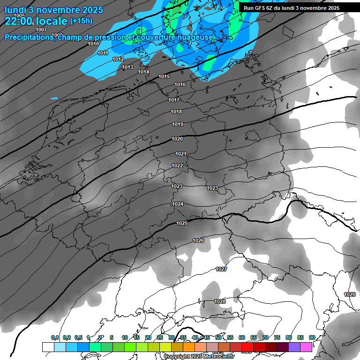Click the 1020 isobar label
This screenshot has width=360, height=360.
coord(177,139)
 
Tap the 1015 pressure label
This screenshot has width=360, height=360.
coord(164,76)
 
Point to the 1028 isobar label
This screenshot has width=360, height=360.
coord(219,301)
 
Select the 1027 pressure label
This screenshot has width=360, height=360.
coord(221,269)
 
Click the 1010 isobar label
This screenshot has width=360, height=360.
coord(93,44)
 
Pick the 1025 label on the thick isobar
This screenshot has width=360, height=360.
coord(182,223)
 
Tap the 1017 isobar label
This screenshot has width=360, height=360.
coord(174,100)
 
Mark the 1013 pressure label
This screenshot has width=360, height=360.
coord(127,67)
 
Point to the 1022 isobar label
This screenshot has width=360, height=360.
coord(177,165)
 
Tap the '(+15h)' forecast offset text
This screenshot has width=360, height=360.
coord(81,21)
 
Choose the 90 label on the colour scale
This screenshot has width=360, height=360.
coord(312,337)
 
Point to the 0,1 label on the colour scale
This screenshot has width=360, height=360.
coord(55,337)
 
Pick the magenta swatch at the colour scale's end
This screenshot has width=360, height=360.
coord(306,347)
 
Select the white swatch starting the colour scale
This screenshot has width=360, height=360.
coord(48,347)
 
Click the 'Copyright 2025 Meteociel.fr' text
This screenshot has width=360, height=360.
coord(199,356)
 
